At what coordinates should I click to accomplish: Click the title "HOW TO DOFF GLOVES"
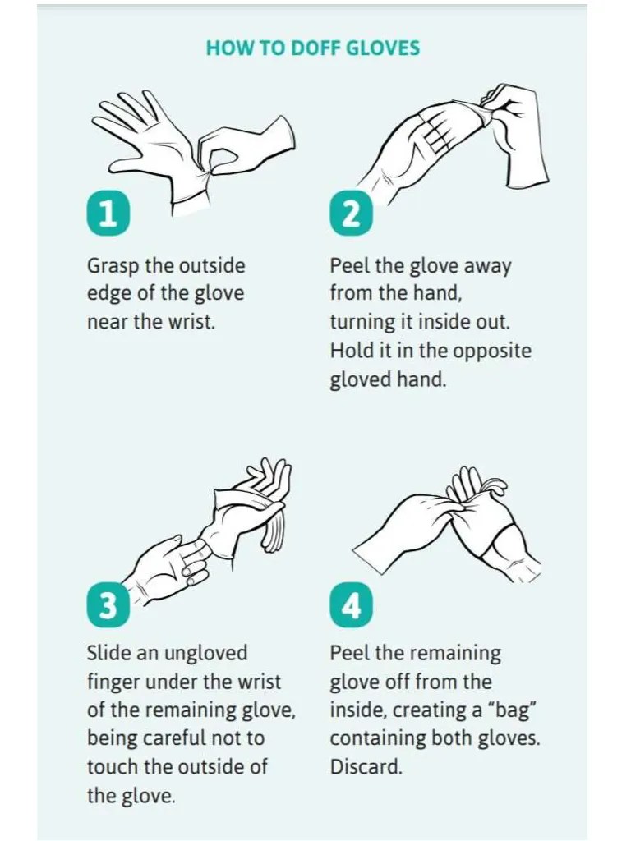pos(312,48)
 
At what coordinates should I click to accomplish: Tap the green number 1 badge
pos(107,214)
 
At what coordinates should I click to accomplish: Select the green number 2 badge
pos(350,214)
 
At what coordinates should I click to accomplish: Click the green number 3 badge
pos(107,606)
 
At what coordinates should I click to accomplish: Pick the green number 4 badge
pos(350,606)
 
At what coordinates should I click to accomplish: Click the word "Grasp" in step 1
pos(113,267)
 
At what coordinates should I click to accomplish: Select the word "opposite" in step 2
pos(491,352)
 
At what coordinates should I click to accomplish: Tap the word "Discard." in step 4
pos(366,766)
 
